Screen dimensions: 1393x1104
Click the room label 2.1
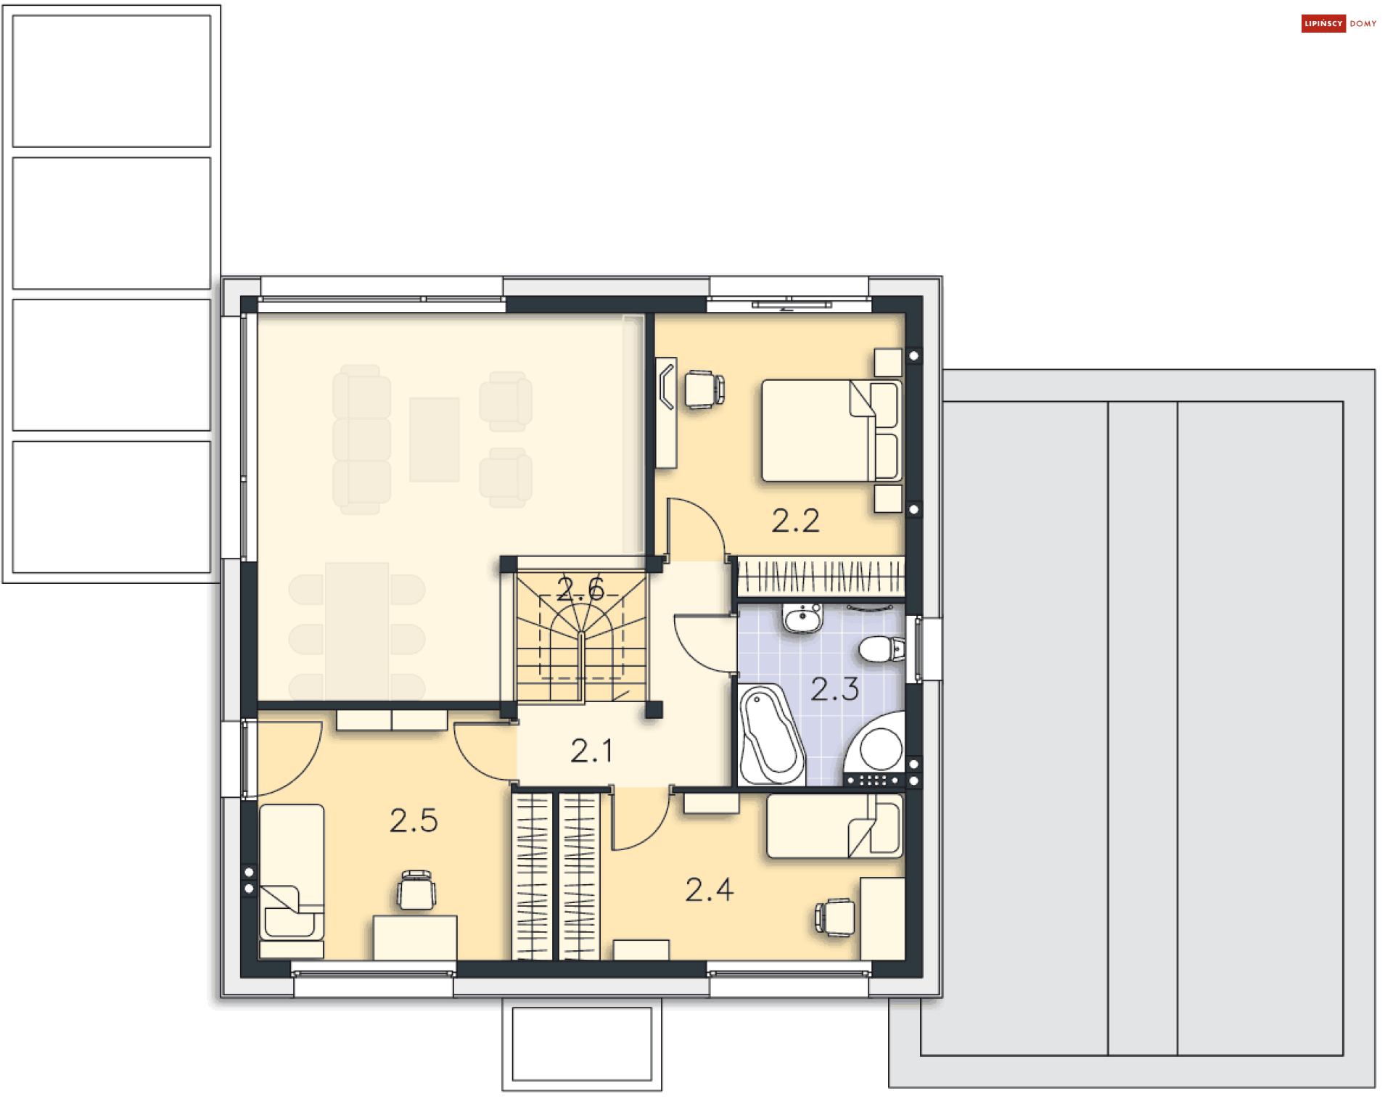point(591,751)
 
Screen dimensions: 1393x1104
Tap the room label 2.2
point(796,521)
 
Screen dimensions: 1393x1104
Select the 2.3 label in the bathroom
point(835,689)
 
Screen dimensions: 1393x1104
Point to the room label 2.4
point(710,890)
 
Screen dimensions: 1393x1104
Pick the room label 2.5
point(414,821)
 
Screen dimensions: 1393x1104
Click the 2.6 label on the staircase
point(580,589)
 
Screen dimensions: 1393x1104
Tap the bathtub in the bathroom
point(771,735)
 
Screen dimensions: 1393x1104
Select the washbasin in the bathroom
point(802,619)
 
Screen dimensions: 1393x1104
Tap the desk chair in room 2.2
point(704,390)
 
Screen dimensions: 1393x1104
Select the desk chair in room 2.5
point(416,890)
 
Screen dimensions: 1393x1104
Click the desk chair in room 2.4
point(835,918)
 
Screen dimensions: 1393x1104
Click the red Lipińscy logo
point(1323,23)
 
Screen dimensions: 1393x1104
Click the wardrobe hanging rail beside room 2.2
point(821,577)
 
